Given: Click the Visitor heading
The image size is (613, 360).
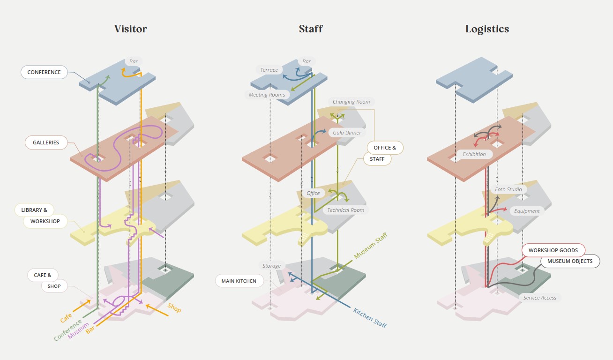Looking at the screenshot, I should pos(130,29).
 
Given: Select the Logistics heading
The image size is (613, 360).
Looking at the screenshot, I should pos(487,29).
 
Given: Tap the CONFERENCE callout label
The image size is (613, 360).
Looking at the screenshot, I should pos(44,72).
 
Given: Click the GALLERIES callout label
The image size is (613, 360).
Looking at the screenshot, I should pos(46,142).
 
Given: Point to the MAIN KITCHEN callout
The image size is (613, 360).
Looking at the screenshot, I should pos(239,281).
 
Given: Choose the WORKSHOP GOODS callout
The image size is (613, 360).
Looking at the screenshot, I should pos(553,250).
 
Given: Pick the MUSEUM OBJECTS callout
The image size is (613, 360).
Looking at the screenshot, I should pos(570,261).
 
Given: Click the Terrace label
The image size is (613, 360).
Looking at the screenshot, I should pos(269,70).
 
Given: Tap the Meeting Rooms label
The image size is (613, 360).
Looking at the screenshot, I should pos(267,95).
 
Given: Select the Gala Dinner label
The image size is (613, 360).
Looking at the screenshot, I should pos(347,133).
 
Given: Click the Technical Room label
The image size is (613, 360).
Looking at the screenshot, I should pos(345,210).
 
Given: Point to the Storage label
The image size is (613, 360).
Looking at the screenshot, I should pos(271,266).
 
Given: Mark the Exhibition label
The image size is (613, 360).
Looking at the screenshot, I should pos(474,154).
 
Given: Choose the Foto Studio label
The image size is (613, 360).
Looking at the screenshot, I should pos(508,189).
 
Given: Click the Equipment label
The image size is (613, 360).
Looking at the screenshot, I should pos(527,211).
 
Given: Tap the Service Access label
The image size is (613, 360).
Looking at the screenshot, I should pos(540,298).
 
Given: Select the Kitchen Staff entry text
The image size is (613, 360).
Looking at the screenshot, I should pos(370,318).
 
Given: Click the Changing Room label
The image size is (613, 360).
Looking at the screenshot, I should pos(351,102).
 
